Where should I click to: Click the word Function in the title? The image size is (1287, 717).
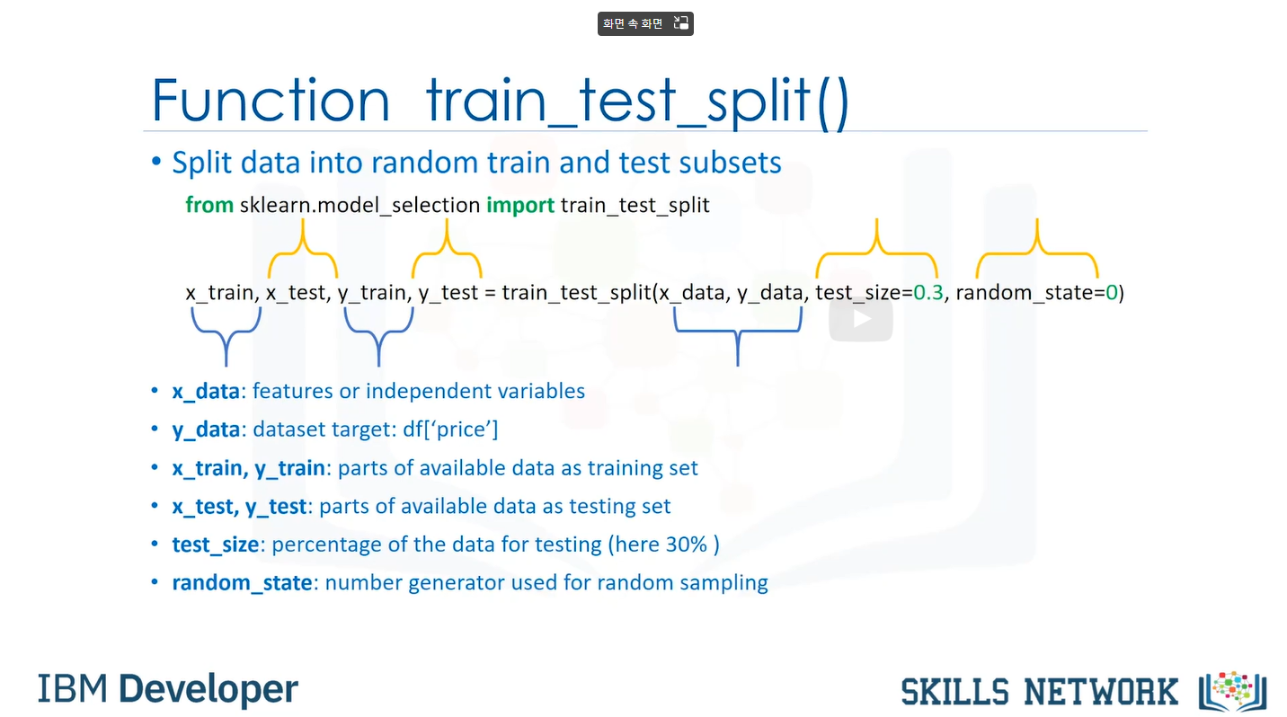(271, 100)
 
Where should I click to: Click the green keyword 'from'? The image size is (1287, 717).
(209, 205)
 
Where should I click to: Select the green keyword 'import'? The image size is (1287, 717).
(520, 206)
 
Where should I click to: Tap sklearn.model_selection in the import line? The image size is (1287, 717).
(359, 206)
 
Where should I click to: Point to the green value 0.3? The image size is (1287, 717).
(928, 292)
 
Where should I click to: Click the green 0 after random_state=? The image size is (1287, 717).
(1112, 292)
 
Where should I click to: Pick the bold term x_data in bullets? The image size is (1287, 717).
(206, 391)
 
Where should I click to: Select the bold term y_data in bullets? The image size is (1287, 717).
(206, 429)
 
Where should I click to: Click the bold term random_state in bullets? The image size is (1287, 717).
(242, 582)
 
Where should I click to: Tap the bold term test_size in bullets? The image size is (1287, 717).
(216, 544)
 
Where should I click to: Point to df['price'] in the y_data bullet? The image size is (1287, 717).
(450, 429)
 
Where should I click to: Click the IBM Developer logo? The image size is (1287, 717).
(168, 689)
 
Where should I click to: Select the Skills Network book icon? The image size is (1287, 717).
(1233, 691)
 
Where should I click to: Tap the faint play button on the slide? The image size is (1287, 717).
(861, 320)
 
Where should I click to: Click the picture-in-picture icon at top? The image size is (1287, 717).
(681, 23)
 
